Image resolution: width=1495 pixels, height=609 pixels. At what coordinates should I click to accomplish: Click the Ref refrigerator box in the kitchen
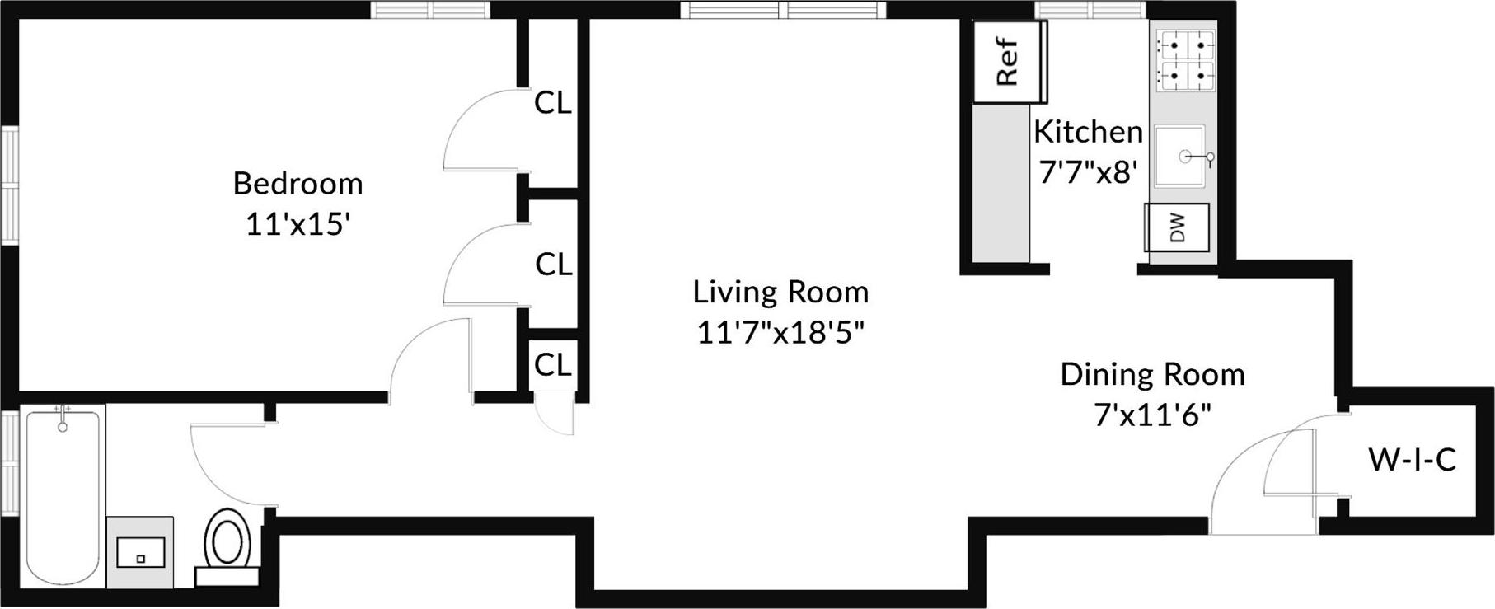pyautogui.click(x=1008, y=63)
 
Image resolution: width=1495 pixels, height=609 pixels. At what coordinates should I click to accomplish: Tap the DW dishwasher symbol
pyautogui.click(x=1177, y=227)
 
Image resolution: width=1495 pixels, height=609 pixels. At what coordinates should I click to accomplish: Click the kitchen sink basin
pyautogui.click(x=1179, y=156)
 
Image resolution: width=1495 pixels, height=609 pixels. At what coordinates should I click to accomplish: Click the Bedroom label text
pyautogui.click(x=298, y=183)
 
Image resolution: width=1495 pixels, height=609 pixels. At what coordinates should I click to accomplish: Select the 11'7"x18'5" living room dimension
pyautogui.click(x=780, y=332)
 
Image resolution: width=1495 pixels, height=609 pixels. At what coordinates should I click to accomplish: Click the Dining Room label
pyautogui.click(x=1151, y=375)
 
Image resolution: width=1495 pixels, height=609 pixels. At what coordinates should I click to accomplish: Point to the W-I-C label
pyautogui.click(x=1412, y=460)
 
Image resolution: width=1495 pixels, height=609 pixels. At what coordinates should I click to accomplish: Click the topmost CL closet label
pyautogui.click(x=553, y=103)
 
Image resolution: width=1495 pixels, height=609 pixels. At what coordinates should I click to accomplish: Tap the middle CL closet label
pyautogui.click(x=553, y=265)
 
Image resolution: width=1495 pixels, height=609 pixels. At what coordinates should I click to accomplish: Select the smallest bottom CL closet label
pyautogui.click(x=552, y=364)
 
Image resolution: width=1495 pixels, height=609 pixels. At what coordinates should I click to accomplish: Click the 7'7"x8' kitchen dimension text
pyautogui.click(x=1088, y=172)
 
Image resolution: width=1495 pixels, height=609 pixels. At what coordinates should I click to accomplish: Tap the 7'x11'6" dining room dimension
pyautogui.click(x=1151, y=415)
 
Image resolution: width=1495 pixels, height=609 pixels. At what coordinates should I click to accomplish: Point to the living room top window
pyautogui.click(x=784, y=10)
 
